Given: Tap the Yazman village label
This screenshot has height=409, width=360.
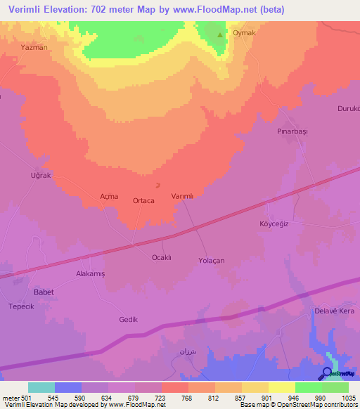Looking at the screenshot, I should pyautogui.click(x=34, y=48).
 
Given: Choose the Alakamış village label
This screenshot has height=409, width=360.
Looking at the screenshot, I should pyautogui.click(x=90, y=274).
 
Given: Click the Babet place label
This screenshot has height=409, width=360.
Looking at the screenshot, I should pyautogui.click(x=44, y=292).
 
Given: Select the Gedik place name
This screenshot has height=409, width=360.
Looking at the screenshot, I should pyautogui.click(x=128, y=319).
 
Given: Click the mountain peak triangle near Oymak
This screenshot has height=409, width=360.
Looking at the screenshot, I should pyautogui.click(x=220, y=34).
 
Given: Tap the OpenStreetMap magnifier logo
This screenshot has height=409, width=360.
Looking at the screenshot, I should pyautogui.click(x=327, y=373).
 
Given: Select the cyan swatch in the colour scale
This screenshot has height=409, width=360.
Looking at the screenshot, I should pyautogui.click(x=41, y=387).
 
